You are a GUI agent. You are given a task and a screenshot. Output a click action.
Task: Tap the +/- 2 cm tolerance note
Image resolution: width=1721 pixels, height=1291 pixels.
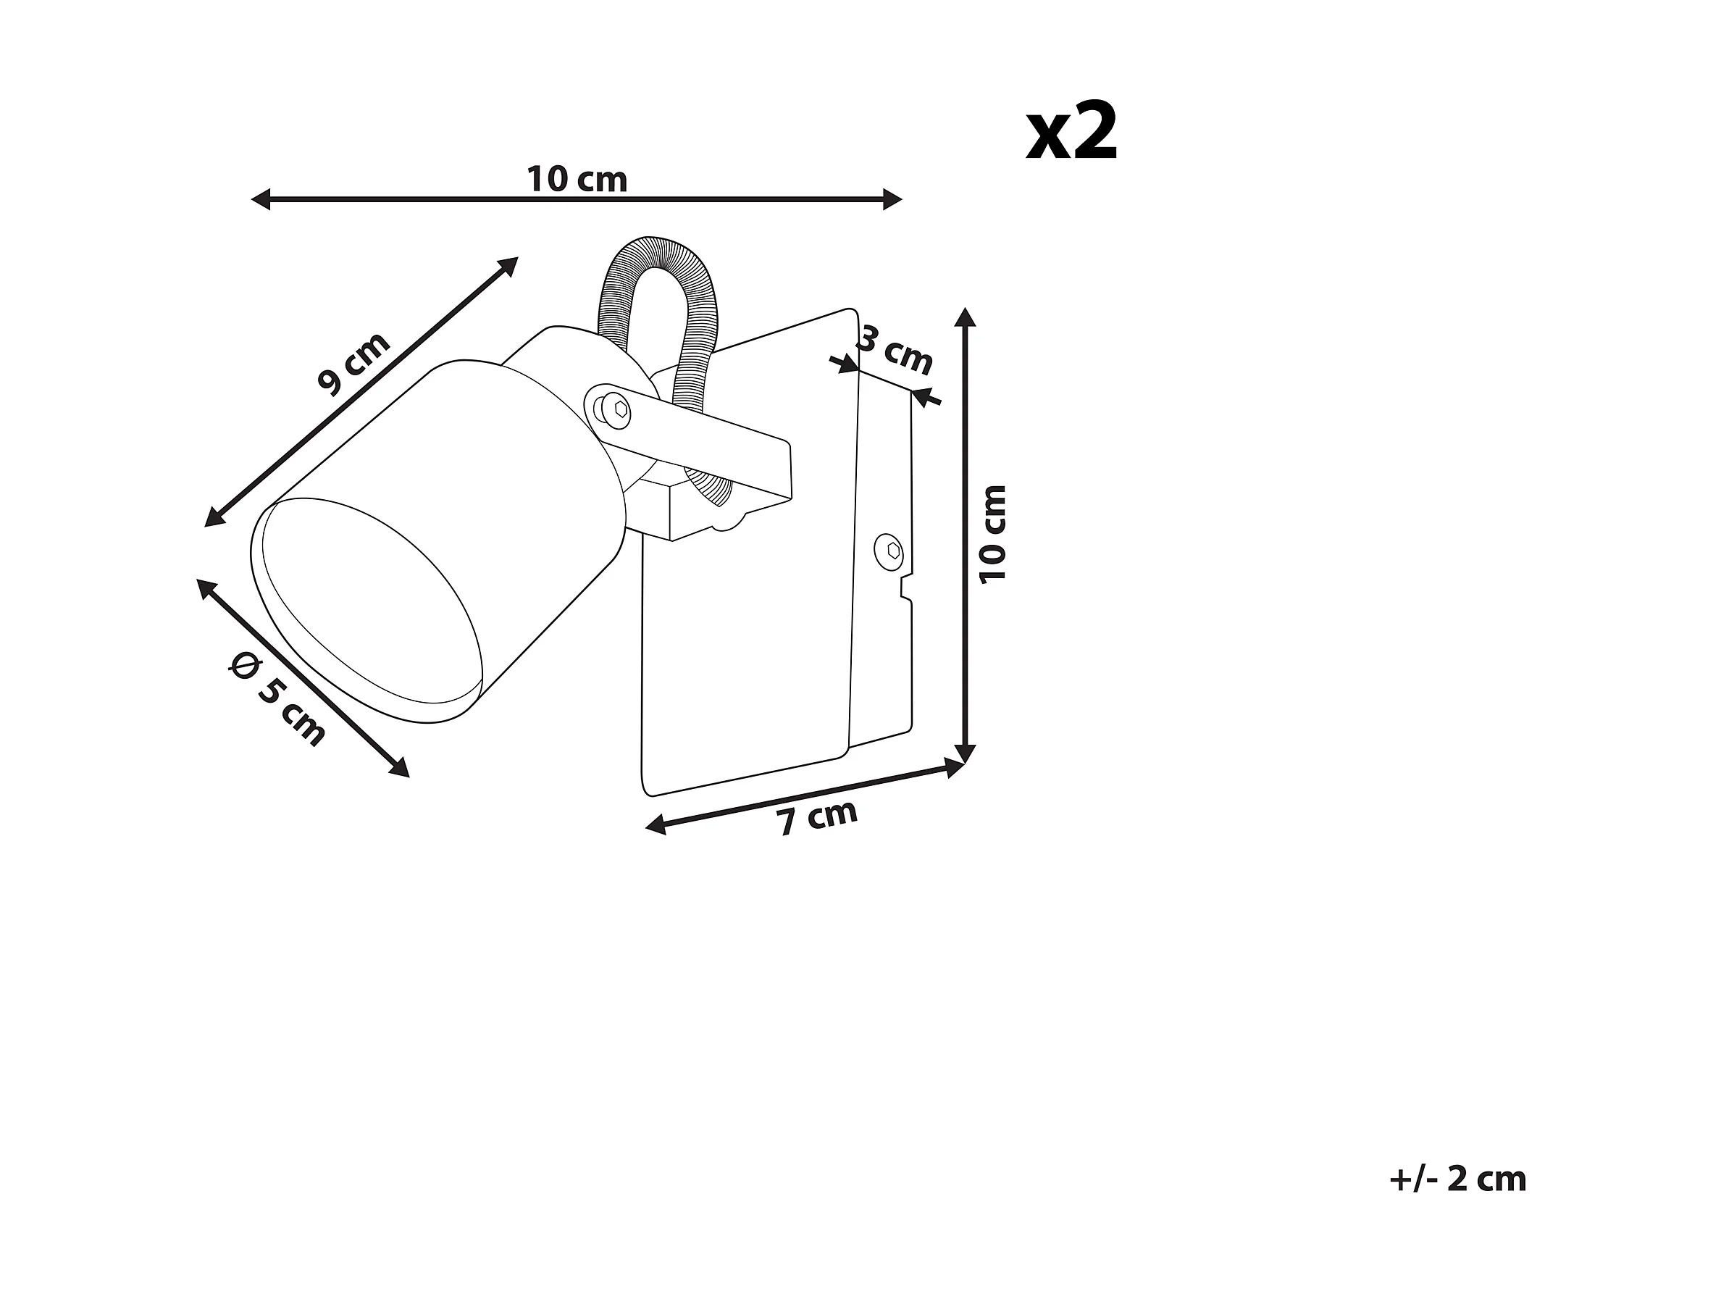(1457, 1179)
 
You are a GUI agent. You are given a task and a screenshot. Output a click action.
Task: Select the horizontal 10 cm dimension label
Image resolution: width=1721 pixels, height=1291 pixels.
(577, 180)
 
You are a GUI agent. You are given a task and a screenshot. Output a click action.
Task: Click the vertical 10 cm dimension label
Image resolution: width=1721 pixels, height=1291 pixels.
(994, 533)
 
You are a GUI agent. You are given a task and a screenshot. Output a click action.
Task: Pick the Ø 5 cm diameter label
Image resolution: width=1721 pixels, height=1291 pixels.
(277, 699)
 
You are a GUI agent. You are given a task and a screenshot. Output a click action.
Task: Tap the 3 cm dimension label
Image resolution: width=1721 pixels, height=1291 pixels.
(896, 350)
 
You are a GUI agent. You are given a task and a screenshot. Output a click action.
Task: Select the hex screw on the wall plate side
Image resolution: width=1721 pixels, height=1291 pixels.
(892, 550)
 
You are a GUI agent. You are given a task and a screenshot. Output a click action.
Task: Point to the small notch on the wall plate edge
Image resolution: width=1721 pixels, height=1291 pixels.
(905, 586)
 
